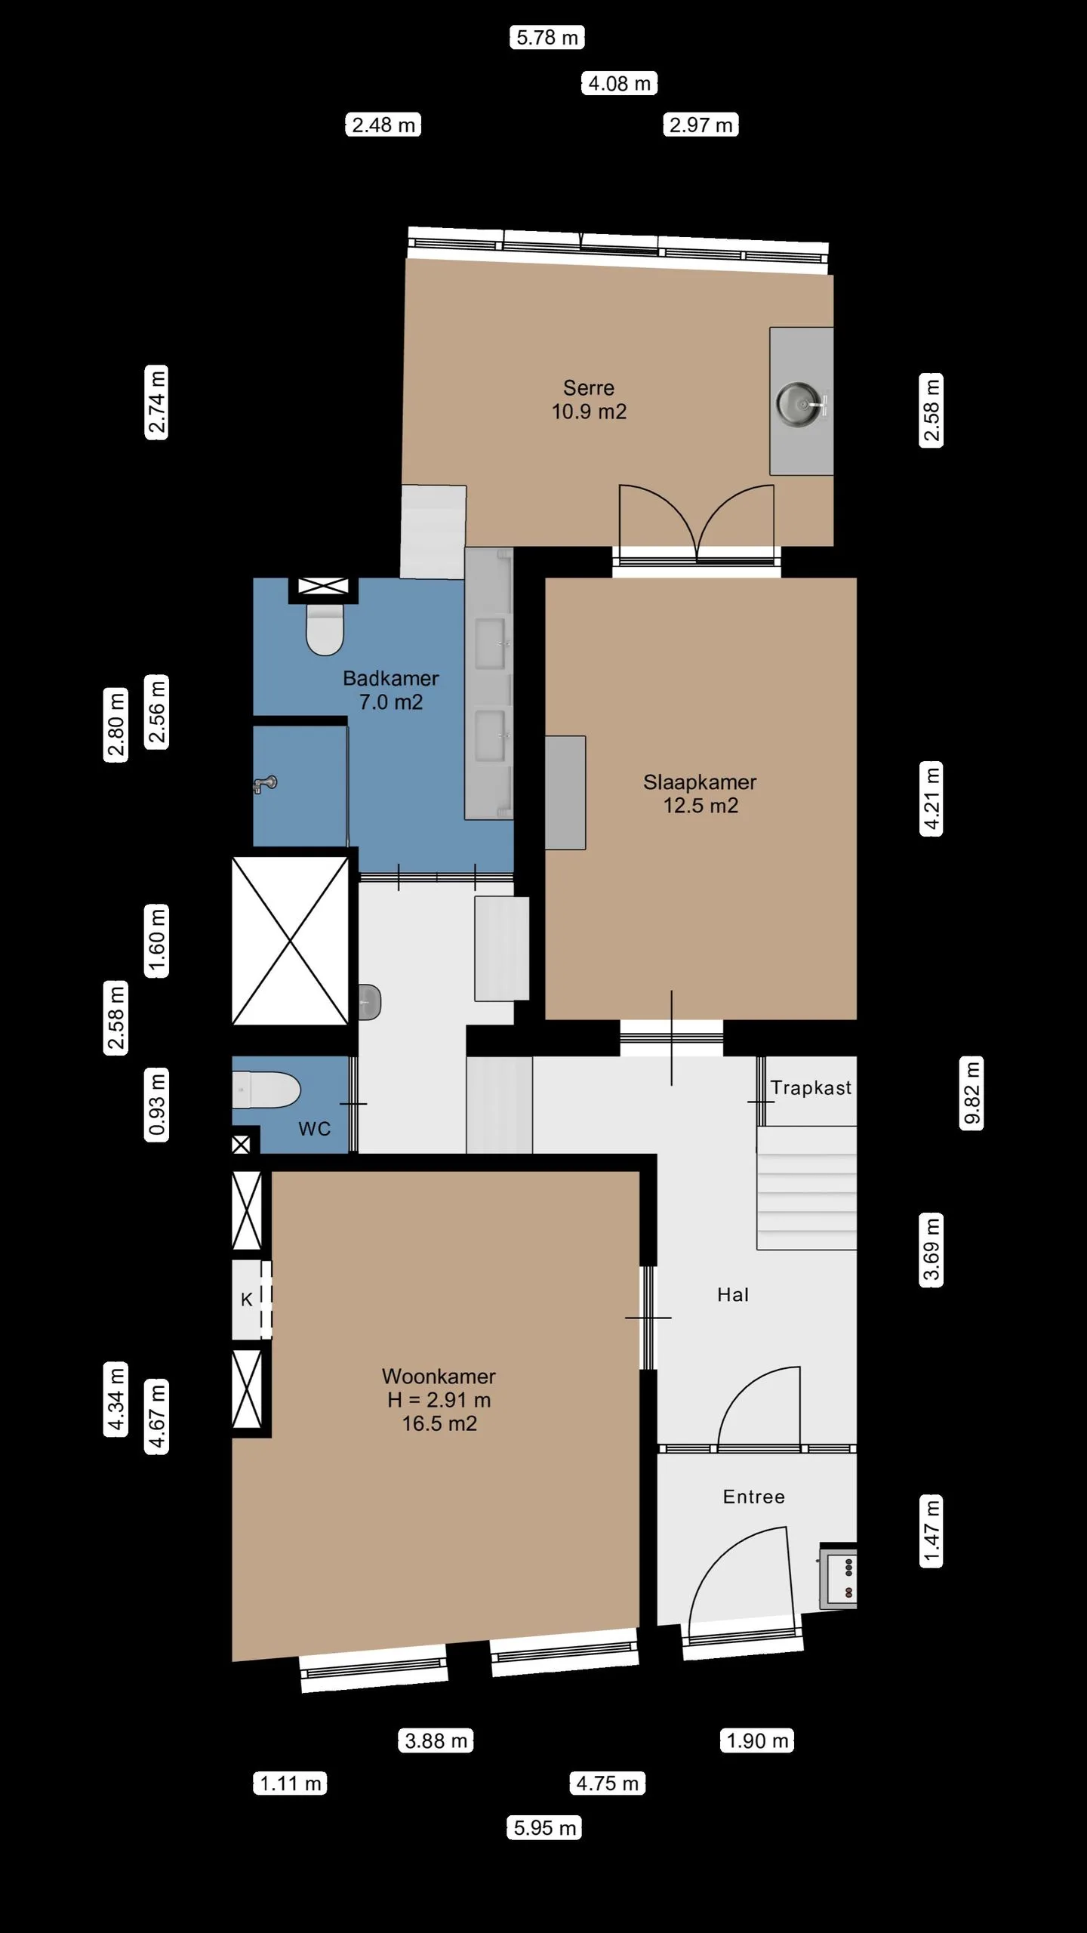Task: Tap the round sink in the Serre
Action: (798, 404)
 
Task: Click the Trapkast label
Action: (811, 1088)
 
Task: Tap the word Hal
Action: (733, 1295)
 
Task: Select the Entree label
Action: (754, 1497)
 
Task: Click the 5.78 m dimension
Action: (547, 37)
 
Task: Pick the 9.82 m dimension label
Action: (972, 1093)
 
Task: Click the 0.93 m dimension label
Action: (156, 1103)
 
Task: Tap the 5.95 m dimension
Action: (544, 1828)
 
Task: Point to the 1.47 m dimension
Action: (931, 1532)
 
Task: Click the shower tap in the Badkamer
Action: (264, 785)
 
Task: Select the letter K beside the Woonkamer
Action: (246, 1299)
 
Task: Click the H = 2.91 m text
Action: (439, 1400)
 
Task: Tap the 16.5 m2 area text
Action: (439, 1423)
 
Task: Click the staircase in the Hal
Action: (806, 1187)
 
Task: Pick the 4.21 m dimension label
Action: (931, 798)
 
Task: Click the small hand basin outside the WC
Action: (369, 1003)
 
